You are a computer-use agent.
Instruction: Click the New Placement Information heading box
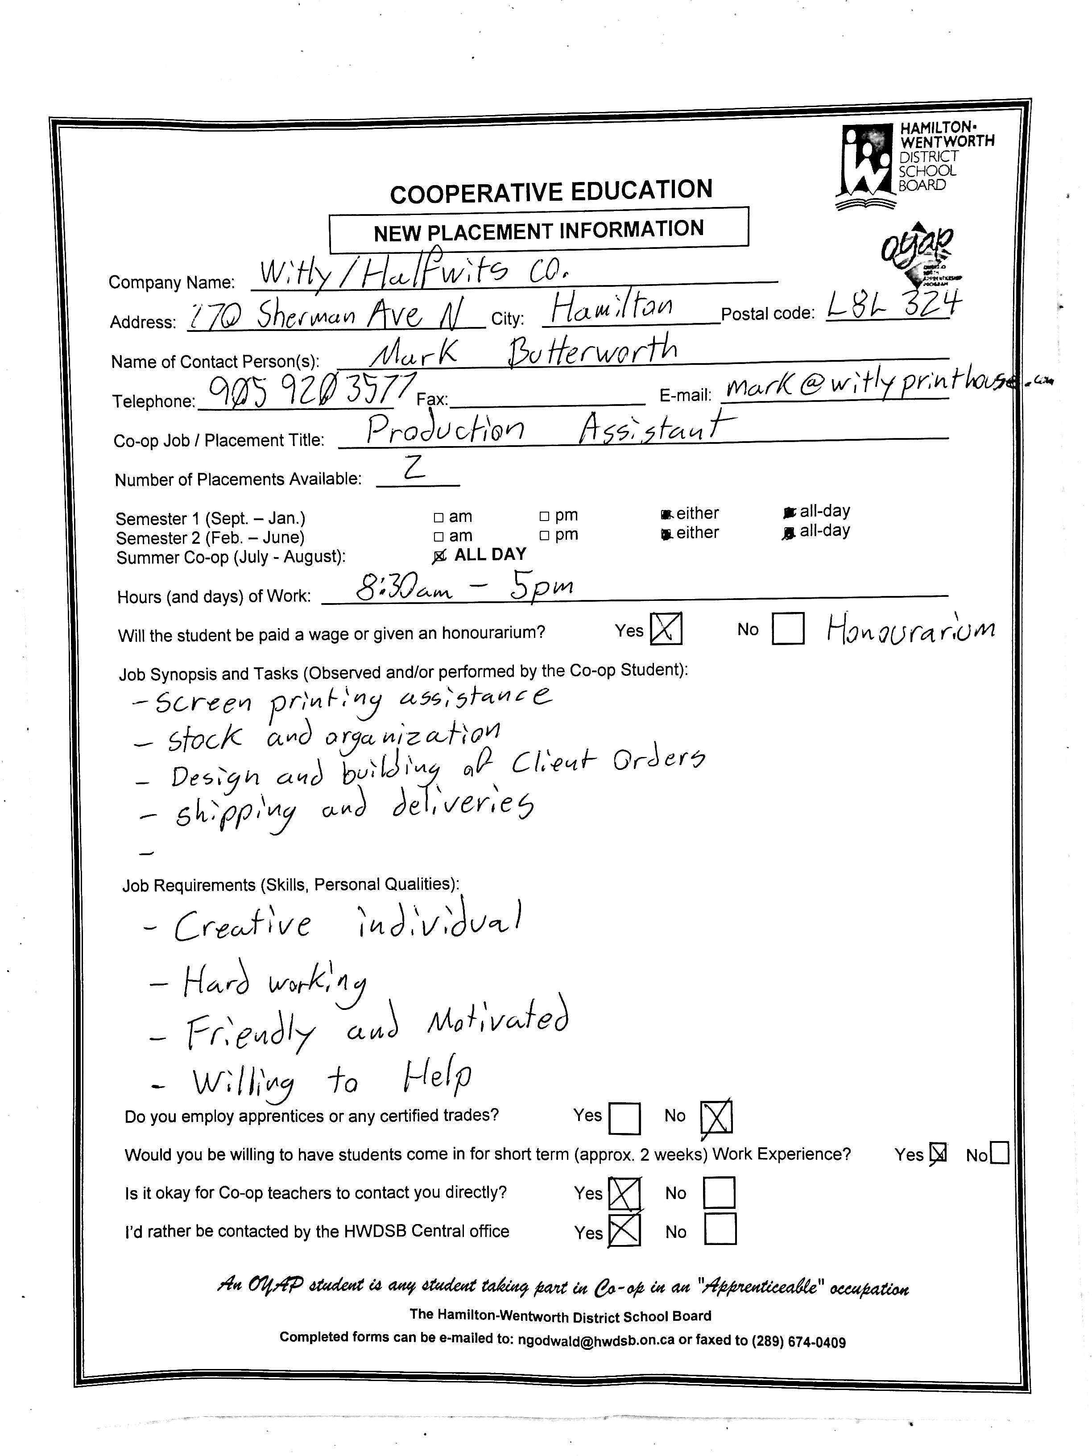(x=538, y=230)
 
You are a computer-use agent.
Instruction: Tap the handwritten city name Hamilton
(x=612, y=308)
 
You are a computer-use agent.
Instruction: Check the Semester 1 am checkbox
(x=439, y=517)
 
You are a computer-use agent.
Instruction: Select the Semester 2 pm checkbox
(x=544, y=536)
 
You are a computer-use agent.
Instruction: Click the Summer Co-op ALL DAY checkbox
(x=439, y=557)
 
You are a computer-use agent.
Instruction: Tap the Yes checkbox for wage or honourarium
(x=666, y=629)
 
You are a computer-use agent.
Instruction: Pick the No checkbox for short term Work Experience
(x=998, y=1154)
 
